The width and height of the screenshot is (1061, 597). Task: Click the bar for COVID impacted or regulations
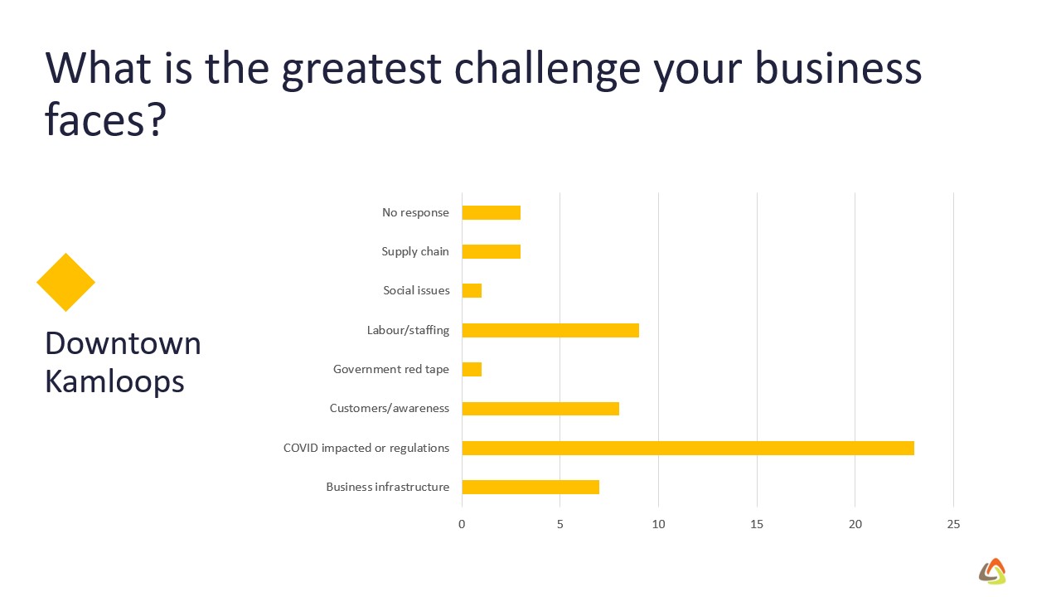688,448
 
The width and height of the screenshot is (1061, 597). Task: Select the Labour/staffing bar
550,330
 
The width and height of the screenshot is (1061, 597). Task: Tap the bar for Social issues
472,290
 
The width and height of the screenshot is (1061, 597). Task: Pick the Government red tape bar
472,369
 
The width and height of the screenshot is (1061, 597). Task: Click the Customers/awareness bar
540,409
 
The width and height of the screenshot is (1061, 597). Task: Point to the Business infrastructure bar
530,487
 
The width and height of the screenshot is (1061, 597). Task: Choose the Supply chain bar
492,251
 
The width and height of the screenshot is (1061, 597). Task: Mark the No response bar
492,213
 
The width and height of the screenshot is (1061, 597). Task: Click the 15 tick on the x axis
757,524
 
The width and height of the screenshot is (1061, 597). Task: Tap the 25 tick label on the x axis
953,524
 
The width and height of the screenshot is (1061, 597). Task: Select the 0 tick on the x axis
462,524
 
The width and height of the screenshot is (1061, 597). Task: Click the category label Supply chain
415,251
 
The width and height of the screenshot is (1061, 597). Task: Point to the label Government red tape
391,369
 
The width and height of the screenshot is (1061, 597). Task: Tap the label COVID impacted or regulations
366,449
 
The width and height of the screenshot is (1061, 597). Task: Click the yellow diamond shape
65,283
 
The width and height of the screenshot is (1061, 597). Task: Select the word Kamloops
114,382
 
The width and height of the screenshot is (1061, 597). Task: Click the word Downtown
124,343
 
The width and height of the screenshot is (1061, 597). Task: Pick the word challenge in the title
547,70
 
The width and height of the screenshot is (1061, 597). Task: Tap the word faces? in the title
105,119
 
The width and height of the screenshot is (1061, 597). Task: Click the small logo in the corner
992,571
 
